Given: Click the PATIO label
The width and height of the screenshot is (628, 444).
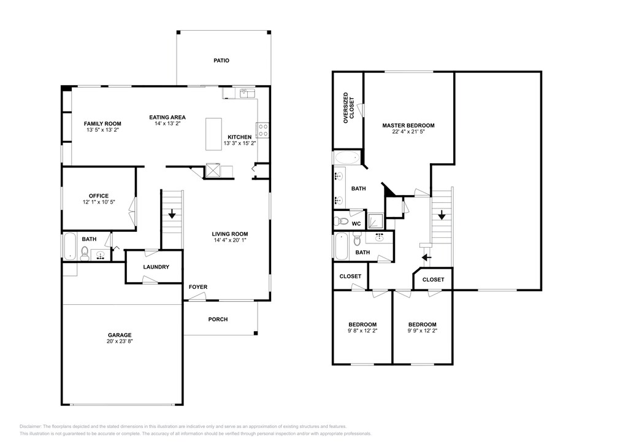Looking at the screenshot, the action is [221, 61].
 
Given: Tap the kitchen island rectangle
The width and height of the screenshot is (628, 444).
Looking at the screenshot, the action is [213, 134].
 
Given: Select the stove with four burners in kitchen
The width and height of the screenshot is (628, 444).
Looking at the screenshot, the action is [262, 130].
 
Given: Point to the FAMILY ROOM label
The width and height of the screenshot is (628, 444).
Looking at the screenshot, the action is [102, 124].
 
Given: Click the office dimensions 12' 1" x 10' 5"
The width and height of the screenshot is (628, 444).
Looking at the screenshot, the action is [99, 202].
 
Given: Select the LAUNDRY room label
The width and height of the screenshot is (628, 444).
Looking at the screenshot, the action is [156, 267].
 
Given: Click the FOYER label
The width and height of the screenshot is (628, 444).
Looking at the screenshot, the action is [198, 287].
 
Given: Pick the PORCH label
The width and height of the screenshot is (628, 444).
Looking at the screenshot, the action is [218, 320].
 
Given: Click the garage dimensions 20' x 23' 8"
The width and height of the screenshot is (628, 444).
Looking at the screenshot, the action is [120, 342].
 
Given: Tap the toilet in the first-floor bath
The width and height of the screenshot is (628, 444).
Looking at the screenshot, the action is [85, 253].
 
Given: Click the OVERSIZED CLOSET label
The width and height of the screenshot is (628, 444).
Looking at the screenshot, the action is [349, 108].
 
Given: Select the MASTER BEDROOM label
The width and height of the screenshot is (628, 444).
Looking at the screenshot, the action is [408, 125].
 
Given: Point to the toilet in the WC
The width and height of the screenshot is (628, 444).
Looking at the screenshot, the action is [341, 221].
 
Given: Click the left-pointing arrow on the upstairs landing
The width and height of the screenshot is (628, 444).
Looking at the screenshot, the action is [427, 258].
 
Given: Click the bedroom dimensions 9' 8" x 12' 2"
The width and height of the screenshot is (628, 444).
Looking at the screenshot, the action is [362, 331].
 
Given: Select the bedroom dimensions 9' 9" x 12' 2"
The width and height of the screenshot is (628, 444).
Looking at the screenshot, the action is [422, 331].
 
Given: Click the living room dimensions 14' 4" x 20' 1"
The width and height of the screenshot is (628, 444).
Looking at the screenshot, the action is [230, 240].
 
